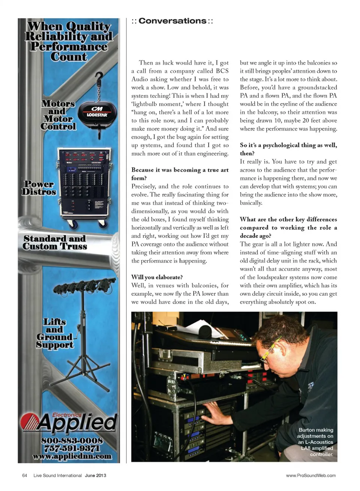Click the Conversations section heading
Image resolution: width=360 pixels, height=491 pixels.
(172, 21)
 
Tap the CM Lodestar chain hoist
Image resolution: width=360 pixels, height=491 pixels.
(97, 113)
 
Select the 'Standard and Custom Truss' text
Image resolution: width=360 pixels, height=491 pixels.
(55, 243)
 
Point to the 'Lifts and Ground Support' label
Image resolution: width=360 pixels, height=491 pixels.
(54, 333)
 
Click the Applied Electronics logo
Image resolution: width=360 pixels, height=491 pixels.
(69, 422)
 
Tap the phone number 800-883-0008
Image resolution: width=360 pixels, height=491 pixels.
(72, 440)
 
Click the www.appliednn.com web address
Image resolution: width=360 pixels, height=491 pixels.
(72, 456)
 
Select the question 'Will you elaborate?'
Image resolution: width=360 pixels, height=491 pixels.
(157, 277)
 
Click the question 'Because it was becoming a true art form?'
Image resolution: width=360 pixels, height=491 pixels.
(180, 174)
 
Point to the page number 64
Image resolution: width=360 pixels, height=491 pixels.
(25, 475)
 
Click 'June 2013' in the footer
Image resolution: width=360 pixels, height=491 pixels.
(96, 475)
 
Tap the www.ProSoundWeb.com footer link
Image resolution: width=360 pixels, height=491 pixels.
(310, 475)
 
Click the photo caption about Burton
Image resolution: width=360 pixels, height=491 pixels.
(315, 442)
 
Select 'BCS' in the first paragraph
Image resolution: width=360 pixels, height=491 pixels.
(222, 71)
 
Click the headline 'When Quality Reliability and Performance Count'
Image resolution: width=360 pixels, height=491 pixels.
(69, 41)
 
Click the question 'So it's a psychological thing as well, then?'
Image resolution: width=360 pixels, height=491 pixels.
(288, 149)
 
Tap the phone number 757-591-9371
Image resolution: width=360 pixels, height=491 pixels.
(72, 448)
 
